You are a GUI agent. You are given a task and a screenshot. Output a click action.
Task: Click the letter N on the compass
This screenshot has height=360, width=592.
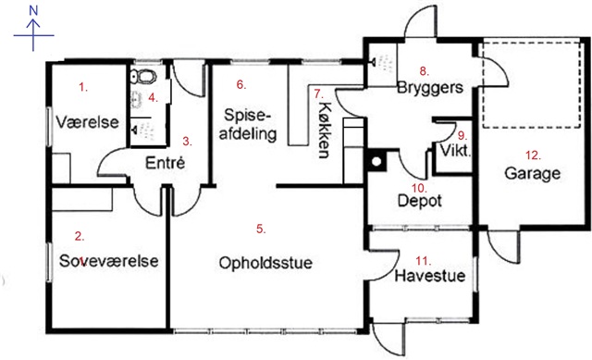(33, 10)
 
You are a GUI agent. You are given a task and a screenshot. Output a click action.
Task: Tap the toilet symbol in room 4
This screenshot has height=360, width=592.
(143, 76)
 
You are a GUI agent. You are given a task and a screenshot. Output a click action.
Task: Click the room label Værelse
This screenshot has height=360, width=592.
(87, 122)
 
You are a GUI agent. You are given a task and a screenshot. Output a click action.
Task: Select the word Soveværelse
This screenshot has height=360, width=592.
(109, 261)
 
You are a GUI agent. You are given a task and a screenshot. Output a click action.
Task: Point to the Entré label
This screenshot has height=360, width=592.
(165, 163)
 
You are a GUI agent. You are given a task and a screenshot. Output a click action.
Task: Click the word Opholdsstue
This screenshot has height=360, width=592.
(265, 263)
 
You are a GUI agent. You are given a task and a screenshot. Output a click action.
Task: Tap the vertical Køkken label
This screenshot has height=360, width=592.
(325, 130)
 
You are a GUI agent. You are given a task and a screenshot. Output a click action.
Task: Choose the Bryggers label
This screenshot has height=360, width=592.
(430, 88)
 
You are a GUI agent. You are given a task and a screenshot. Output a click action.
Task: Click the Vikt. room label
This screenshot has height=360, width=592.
(455, 151)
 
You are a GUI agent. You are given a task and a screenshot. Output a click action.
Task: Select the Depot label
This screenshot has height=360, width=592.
(420, 201)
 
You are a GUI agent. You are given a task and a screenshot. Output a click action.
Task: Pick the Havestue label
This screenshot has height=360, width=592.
(429, 276)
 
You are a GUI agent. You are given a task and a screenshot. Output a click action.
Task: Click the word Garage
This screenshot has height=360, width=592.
(533, 173)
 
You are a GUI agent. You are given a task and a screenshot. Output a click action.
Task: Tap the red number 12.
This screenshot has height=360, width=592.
(533, 155)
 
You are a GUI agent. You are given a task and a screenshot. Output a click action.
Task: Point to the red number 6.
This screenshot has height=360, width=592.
(240, 84)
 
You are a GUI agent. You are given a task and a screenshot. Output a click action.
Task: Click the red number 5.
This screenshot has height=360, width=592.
(261, 229)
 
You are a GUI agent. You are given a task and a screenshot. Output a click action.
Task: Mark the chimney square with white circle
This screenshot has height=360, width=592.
(376, 161)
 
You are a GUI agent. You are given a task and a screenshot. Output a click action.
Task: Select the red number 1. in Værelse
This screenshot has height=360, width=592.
(83, 87)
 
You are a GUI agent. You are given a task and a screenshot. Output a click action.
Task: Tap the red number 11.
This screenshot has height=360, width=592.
(424, 261)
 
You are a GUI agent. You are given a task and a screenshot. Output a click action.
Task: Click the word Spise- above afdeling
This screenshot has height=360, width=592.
(247, 116)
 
